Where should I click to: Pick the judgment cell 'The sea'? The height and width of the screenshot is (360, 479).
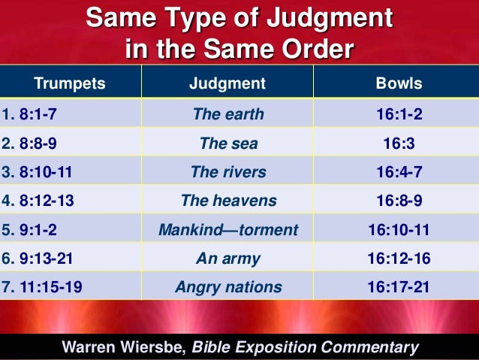pyautogui.click(x=228, y=143)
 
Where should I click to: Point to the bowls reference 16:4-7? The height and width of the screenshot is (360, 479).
pyautogui.click(x=399, y=171)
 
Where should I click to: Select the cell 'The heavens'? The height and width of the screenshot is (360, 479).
pyautogui.click(x=228, y=201)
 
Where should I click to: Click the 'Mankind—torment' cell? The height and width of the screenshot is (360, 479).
pyautogui.click(x=228, y=229)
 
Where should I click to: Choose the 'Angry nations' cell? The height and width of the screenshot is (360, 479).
pyautogui.click(x=228, y=286)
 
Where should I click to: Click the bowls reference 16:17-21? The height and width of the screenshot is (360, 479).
pyautogui.click(x=399, y=286)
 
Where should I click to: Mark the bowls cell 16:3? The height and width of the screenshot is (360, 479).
pyautogui.click(x=399, y=143)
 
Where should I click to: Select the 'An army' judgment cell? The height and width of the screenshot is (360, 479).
pyautogui.click(x=228, y=258)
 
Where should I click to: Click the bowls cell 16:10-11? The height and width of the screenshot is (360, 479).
pyautogui.click(x=399, y=229)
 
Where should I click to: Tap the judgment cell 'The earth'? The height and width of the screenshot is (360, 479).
pyautogui.click(x=228, y=114)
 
